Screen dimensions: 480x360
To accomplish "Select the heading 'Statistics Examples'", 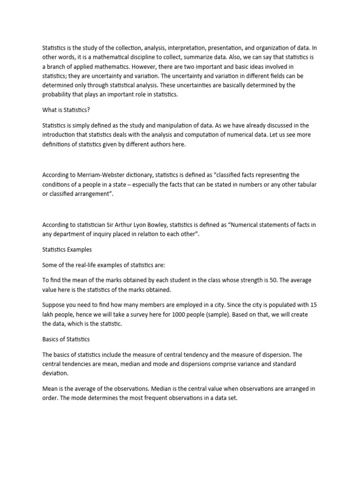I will pyautogui.click(x=67, y=249).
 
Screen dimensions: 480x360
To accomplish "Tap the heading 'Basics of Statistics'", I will pyautogui.click(x=66, y=339).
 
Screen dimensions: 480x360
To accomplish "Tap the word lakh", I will pyautogui.click(x=49, y=314).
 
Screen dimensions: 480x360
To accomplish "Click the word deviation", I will pyautogui.click(x=55, y=373).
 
